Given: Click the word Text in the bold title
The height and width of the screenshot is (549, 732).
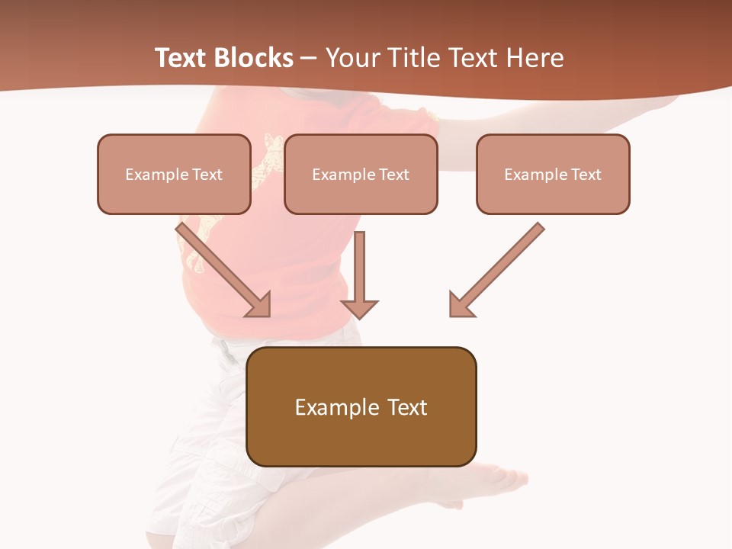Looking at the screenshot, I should (181, 58).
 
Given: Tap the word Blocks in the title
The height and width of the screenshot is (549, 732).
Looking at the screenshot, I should (254, 58).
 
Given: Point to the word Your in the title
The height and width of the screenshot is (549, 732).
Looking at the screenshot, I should (353, 58).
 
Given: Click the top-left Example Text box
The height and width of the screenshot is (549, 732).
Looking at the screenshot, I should (174, 174).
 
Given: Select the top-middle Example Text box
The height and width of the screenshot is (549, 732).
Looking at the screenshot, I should (361, 174).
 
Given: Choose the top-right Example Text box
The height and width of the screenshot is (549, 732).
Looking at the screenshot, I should (553, 174).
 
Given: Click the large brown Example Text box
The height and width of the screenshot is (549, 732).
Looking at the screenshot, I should (361, 406).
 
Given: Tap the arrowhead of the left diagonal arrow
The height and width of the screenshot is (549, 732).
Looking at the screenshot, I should (259, 305).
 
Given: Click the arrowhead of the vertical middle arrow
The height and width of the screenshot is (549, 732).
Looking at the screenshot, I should (359, 308).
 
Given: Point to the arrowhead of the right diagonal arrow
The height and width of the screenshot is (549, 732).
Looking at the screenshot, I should (460, 305).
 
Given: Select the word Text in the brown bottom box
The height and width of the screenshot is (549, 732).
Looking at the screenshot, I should (407, 407).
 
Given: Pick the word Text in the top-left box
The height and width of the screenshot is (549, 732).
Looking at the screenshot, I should (207, 175).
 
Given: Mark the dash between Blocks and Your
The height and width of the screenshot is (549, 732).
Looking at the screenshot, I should (309, 58).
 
